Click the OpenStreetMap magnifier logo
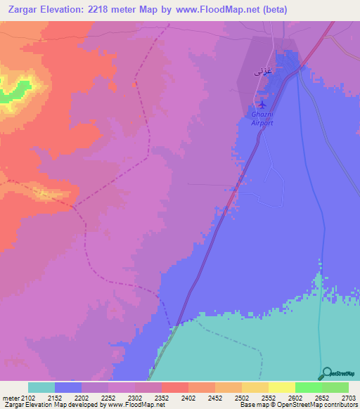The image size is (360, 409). click(x=326, y=373)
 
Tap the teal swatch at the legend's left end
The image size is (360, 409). click(x=41, y=387)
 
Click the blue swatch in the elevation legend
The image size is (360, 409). click(x=68, y=387)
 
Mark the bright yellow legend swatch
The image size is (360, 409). click(x=281, y=387)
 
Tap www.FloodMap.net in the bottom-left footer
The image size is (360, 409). click(x=140, y=405)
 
